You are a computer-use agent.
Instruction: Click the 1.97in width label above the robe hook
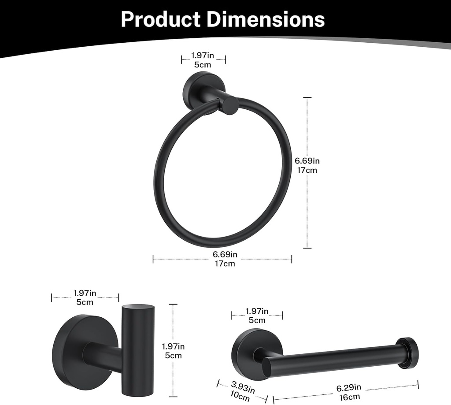pos(85,293)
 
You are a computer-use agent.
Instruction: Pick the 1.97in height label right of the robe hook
pos(173,346)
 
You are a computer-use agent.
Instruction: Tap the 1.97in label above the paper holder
pos(257,312)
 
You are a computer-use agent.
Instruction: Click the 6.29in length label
pos(349,388)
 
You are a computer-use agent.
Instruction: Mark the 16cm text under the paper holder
pos(349,397)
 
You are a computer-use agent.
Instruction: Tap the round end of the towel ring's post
pos(230,106)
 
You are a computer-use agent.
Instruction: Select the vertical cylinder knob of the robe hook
pos(138,344)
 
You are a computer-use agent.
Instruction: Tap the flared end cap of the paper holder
pos(407,353)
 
